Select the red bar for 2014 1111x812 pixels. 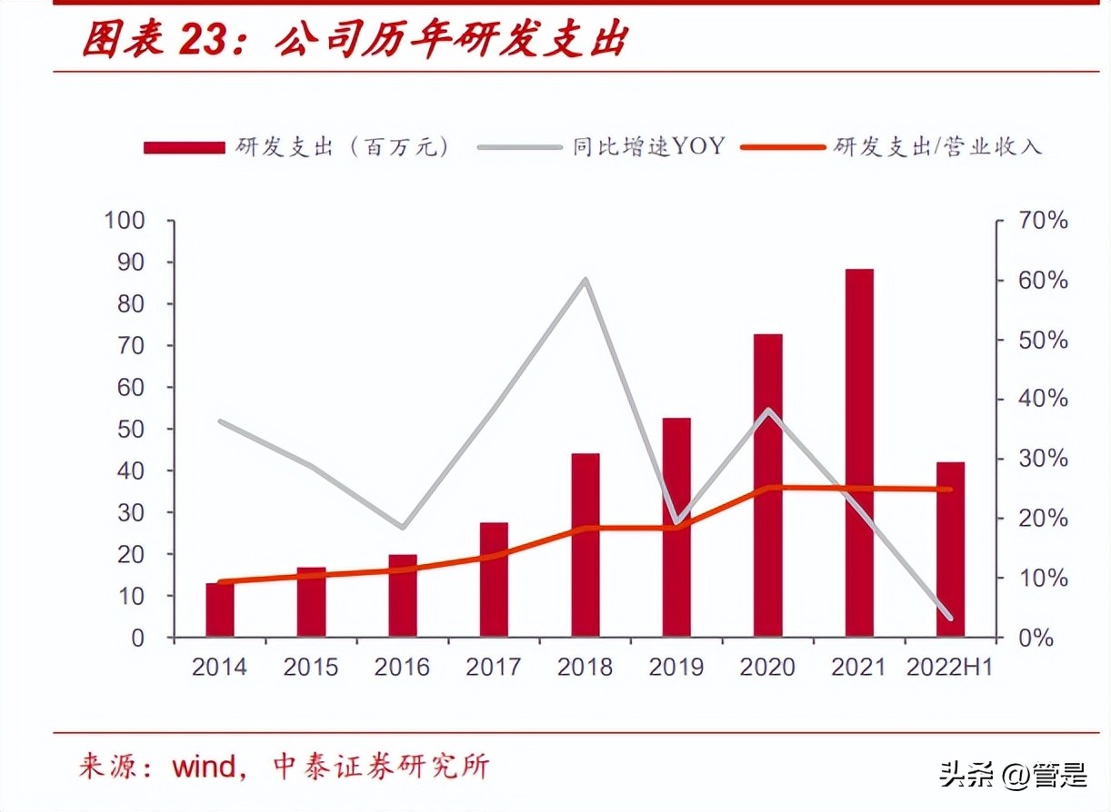coord(220,609)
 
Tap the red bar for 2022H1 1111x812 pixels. coord(950,550)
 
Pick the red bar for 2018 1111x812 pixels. coord(586,545)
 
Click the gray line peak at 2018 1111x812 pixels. coord(586,280)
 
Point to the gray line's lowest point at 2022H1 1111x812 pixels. coord(950,618)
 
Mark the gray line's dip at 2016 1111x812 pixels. coord(403,527)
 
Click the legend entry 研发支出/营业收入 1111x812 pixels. coord(936,146)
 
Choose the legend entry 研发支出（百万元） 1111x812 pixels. coord(342,146)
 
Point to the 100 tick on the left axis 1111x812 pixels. coord(125,221)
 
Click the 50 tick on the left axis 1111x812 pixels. coord(131,429)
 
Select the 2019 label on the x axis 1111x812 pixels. coord(676,668)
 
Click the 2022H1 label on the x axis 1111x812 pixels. coord(950,668)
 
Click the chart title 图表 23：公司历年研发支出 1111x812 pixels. coord(355,40)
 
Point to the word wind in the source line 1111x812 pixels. coord(206,766)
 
